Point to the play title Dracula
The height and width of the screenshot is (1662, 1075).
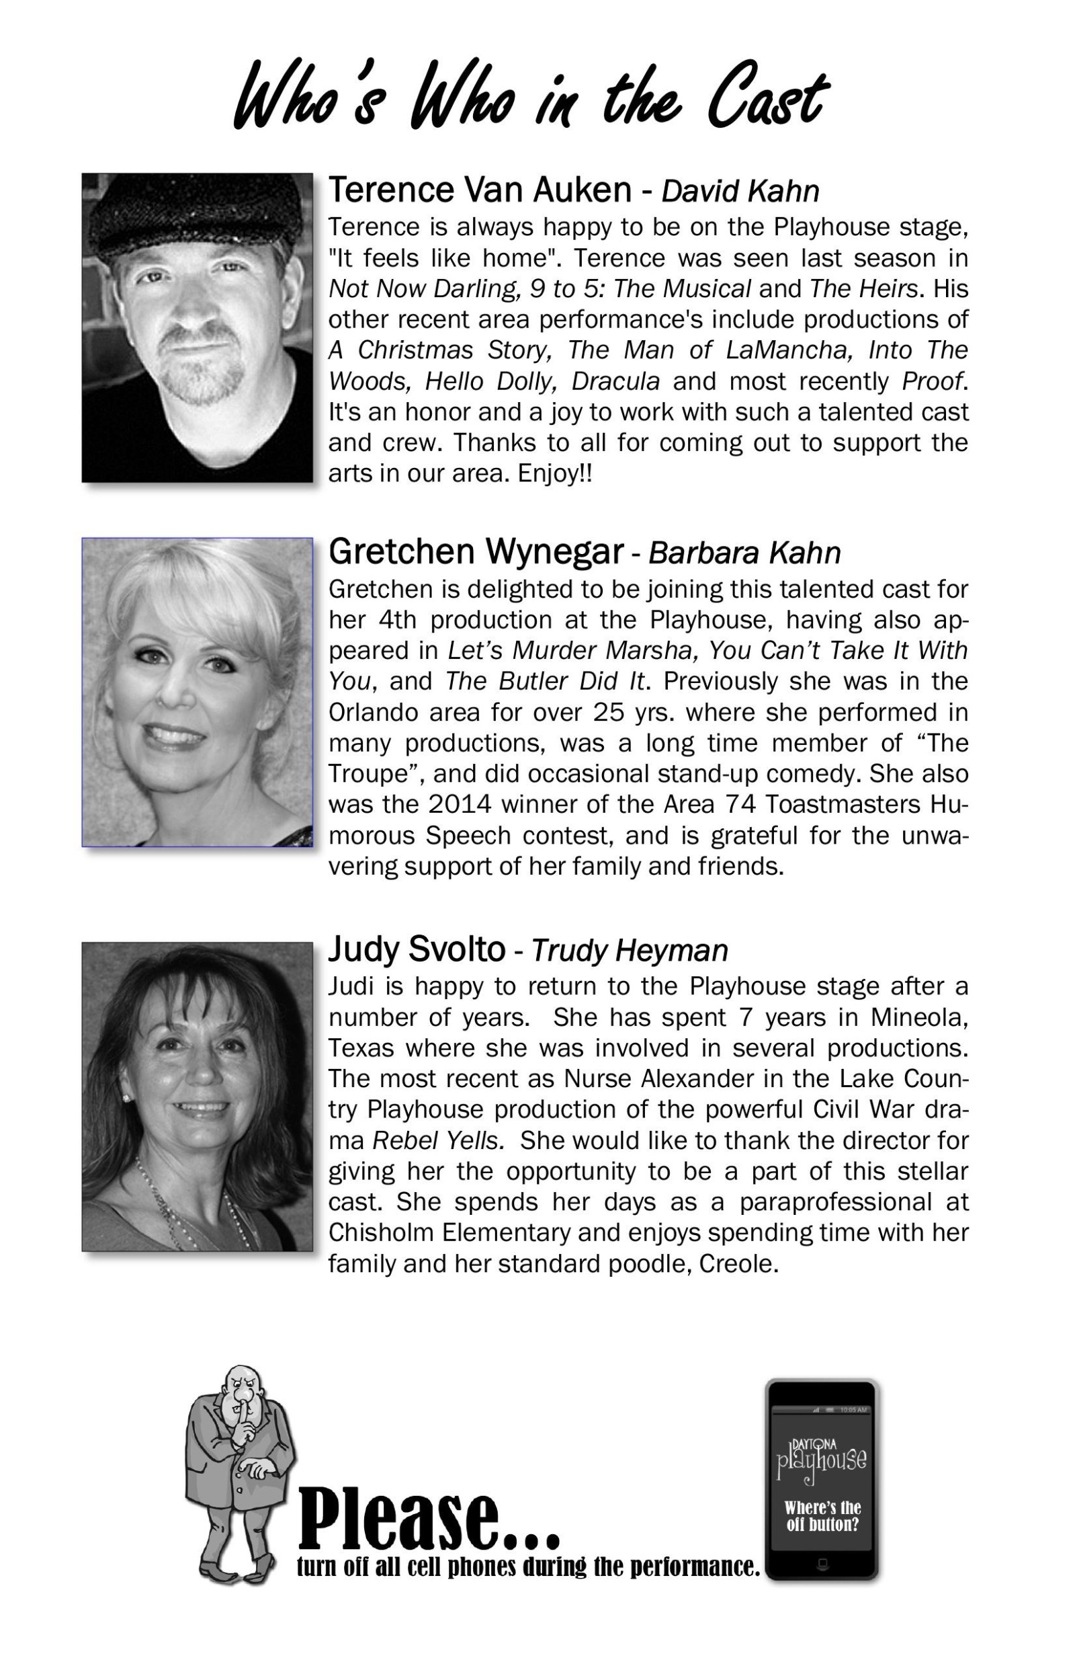tap(615, 381)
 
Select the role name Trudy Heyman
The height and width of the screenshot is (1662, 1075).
tap(629, 951)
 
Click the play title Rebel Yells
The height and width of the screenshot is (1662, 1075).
tap(437, 1140)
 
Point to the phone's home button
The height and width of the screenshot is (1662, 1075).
tap(822, 1563)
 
